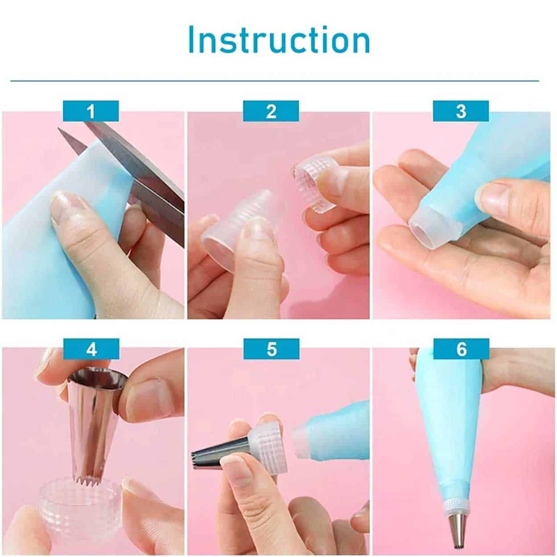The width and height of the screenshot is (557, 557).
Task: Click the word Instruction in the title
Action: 279,40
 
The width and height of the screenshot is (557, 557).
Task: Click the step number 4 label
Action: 91,349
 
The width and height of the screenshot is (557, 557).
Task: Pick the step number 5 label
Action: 271,349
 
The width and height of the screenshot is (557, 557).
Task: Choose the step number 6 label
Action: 461,349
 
